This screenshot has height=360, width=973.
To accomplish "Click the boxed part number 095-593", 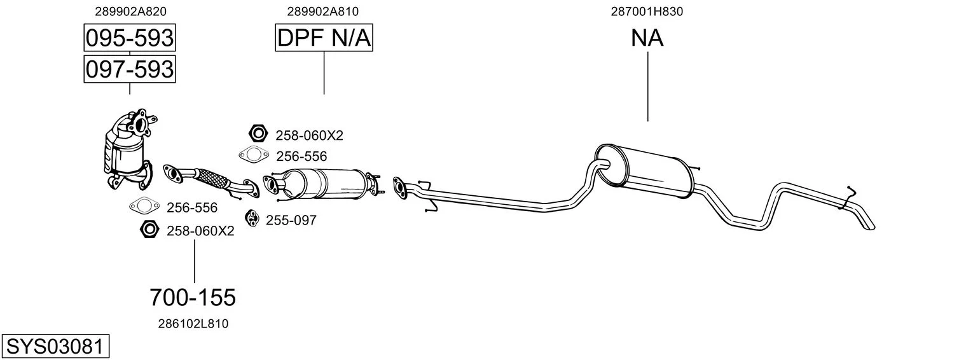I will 129,38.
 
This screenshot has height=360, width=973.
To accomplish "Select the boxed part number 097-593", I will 129,69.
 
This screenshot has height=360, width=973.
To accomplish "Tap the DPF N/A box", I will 324,38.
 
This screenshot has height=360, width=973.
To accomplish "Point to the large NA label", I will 647,38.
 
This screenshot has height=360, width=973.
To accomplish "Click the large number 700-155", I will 193,297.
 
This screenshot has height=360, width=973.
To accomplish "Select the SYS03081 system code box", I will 55,347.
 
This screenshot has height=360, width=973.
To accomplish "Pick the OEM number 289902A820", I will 131,11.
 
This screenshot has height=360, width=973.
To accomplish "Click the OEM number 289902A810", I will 322,11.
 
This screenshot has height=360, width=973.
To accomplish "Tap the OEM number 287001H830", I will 647,11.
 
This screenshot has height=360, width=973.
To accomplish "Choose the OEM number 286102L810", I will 193,324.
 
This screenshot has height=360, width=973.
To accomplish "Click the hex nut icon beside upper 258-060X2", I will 256,134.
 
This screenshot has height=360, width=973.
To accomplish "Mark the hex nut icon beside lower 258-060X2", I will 149,229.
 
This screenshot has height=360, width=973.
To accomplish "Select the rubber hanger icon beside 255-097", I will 252,218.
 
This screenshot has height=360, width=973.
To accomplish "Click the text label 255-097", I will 291,220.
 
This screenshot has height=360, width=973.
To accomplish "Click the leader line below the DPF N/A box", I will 324,73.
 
